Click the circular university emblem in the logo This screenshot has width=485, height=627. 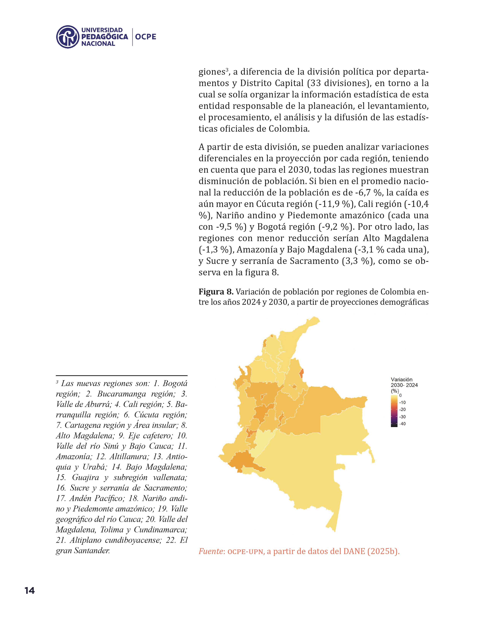(68, 37)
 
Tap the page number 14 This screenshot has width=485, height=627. (30, 590)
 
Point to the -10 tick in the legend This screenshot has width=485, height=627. (402, 402)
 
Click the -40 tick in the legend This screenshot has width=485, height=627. (402, 424)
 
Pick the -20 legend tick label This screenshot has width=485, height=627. (402, 410)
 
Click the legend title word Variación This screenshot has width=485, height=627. (401, 380)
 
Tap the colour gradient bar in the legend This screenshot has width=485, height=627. (394, 411)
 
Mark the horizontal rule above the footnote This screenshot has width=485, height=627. (122, 375)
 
